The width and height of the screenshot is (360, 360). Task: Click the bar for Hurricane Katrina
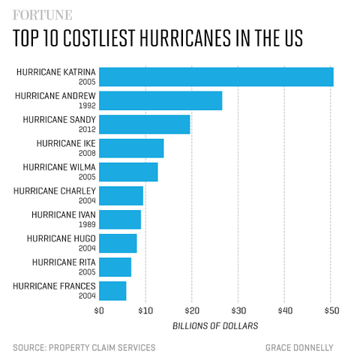[216, 76]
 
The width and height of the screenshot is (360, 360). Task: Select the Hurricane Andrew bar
[160, 100]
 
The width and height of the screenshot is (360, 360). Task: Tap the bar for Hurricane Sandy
[144, 124]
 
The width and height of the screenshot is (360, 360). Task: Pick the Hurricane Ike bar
[131, 148]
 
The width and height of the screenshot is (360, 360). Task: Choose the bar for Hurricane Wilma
[128, 172]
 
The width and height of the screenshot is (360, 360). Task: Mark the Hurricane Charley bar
[121, 196]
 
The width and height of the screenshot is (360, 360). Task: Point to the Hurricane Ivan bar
[120, 220]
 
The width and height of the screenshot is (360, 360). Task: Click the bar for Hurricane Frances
[112, 291]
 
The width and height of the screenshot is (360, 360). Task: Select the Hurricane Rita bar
[115, 267]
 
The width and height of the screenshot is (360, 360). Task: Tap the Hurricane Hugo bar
[118, 243]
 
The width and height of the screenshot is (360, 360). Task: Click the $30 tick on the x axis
[238, 310]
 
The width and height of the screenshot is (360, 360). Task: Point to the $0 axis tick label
[99, 310]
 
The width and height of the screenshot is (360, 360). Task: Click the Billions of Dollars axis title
[215, 325]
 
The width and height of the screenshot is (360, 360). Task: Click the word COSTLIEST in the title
[123, 40]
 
